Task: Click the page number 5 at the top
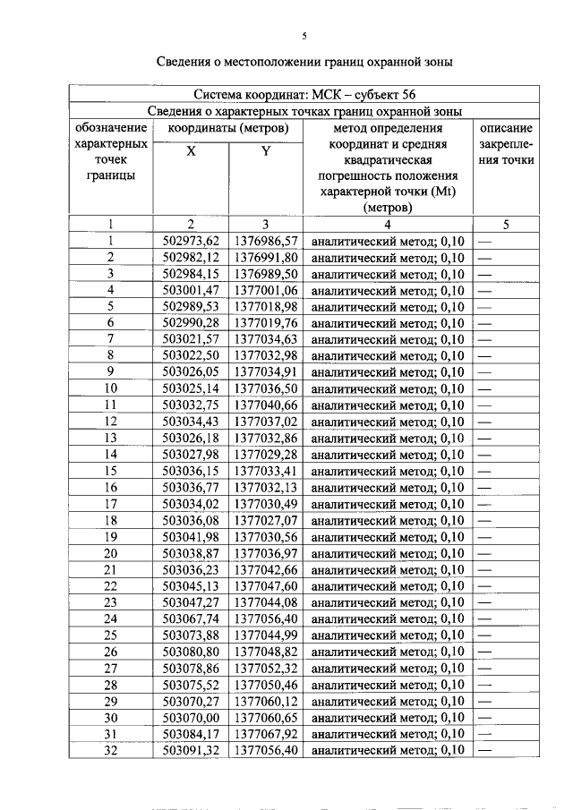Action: (304, 36)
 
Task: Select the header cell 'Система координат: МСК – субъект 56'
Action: (304, 94)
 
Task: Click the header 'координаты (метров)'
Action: (228, 128)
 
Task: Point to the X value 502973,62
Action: (192, 241)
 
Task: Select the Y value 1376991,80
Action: (266, 258)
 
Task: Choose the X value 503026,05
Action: (192, 372)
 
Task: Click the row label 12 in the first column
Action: (111, 422)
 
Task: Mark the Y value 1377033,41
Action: (266, 471)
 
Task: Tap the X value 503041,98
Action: (192, 536)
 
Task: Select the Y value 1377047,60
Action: (266, 585)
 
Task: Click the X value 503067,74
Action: (192, 618)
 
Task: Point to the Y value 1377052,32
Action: (266, 668)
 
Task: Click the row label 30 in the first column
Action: (111, 717)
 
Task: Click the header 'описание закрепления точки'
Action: (506, 144)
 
